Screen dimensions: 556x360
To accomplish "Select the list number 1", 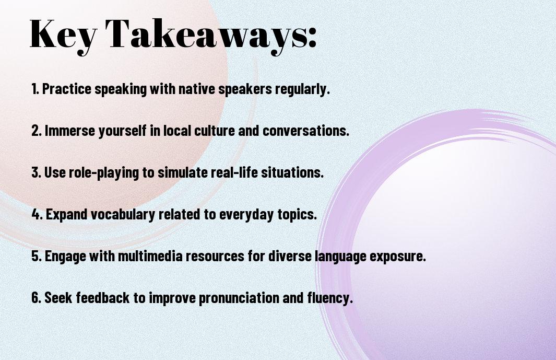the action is [x=35, y=89].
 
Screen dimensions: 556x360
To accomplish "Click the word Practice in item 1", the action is [x=67, y=89].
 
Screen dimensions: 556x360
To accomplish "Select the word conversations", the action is [x=305, y=131].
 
